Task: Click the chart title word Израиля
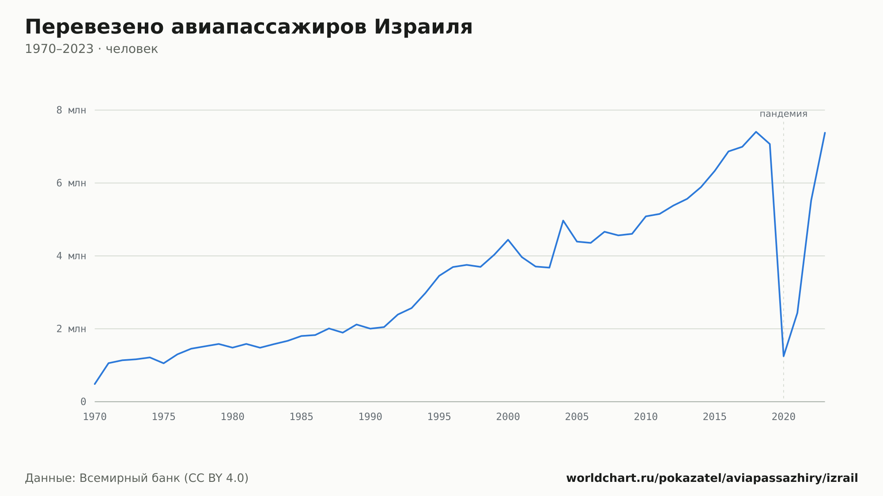point(423,27)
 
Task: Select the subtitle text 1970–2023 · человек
point(91,49)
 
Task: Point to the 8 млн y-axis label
point(71,110)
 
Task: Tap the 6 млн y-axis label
point(71,183)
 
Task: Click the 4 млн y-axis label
point(71,256)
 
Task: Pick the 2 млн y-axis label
point(71,329)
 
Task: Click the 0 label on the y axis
point(83,402)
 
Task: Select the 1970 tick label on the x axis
point(95,417)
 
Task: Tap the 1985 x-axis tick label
point(302,417)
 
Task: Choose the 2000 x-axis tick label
point(508,417)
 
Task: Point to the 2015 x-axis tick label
point(715,417)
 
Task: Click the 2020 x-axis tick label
point(784,417)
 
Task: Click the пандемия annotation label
point(784,114)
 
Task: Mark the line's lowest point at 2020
point(784,356)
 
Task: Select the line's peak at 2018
point(756,132)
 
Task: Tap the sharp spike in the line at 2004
point(563,220)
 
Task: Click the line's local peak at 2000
point(508,240)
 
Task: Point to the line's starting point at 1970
point(95,384)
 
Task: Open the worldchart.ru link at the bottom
point(712,478)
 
